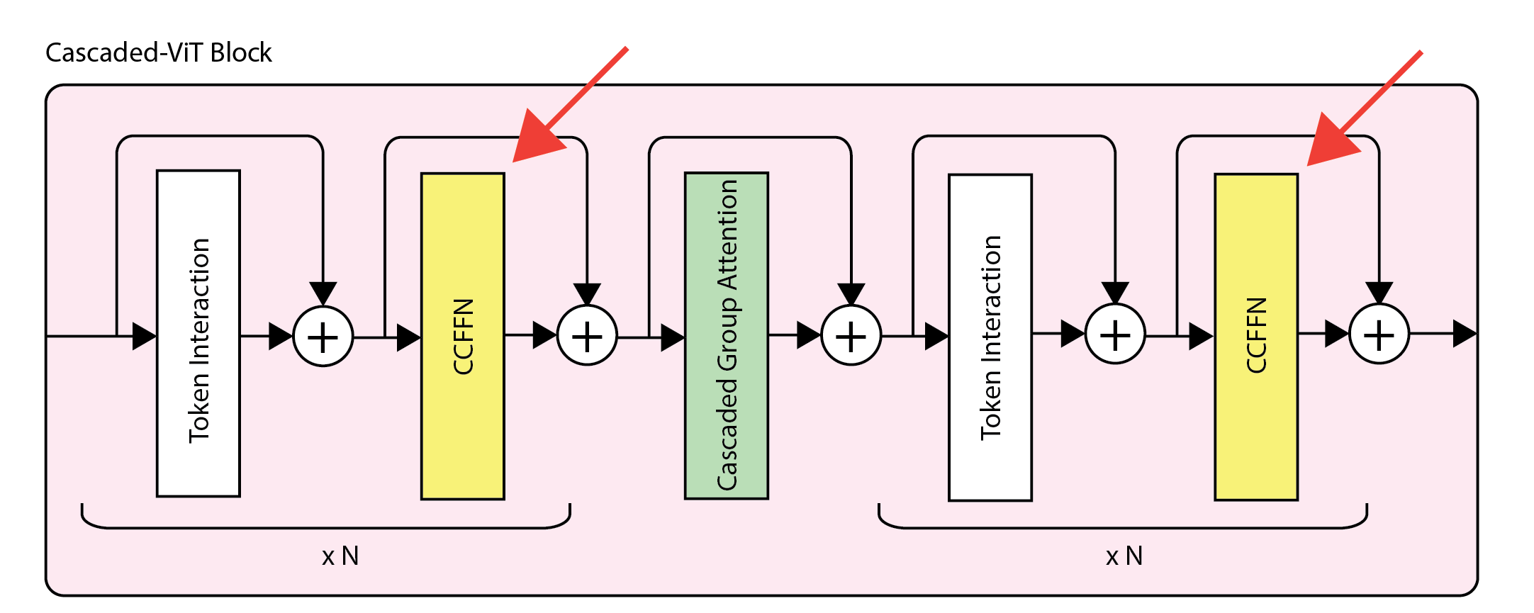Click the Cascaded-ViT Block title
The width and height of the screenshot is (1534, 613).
(158, 52)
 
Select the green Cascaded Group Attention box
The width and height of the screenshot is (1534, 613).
(726, 335)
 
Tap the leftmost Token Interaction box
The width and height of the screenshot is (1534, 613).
(198, 333)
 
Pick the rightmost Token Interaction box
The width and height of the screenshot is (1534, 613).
(990, 337)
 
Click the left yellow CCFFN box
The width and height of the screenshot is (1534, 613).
(462, 336)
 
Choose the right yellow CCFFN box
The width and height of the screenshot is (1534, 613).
(1255, 337)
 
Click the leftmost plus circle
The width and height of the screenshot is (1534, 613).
(323, 337)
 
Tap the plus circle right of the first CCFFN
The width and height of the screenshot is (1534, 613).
(587, 336)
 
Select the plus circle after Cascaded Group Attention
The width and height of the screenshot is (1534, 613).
(851, 336)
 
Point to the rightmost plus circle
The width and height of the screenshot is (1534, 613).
(1379, 334)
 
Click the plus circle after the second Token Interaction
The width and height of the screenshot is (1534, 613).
(1115, 334)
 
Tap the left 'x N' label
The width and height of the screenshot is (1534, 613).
(340, 556)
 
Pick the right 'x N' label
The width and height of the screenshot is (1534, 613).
(1124, 556)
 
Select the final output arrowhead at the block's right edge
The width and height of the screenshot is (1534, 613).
(1464, 334)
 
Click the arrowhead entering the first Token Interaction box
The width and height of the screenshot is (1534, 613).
(144, 336)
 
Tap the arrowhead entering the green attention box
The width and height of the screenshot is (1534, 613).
(672, 337)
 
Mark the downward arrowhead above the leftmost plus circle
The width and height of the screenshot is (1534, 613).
(323, 293)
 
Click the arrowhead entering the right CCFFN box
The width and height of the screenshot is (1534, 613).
(1201, 336)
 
